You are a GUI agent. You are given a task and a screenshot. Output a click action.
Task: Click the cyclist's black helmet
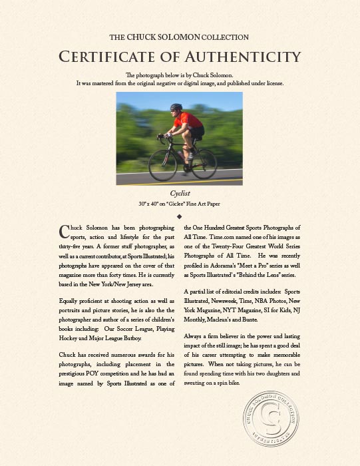176,108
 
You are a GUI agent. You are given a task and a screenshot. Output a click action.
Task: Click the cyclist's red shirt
190,120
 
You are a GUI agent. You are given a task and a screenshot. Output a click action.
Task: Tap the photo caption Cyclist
180,193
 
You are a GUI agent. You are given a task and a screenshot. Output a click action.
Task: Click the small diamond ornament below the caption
180,217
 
